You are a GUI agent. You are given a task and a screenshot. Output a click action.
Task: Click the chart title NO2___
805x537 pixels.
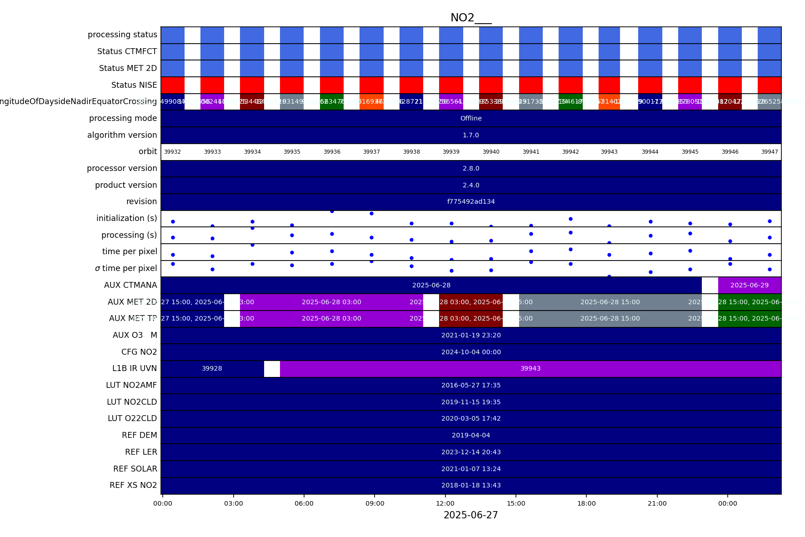coord(470,18)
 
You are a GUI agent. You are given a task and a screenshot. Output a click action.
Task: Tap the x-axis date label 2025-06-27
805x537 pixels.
coord(470,515)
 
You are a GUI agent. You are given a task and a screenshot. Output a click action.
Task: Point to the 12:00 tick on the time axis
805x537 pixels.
coord(445,503)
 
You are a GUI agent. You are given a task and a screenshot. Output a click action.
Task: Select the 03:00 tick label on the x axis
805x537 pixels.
coord(233,503)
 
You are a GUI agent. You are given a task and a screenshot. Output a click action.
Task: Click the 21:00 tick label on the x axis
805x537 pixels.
coord(657,503)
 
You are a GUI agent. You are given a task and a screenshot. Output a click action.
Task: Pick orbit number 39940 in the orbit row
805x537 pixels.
coord(491,152)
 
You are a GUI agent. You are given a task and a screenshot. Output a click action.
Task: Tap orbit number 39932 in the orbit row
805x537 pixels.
coord(172,152)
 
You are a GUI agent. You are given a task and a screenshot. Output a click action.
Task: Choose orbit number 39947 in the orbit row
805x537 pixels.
coord(770,152)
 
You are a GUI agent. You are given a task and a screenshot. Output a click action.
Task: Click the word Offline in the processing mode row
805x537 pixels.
coord(471,118)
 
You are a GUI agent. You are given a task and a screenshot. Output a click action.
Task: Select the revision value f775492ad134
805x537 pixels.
coord(471,202)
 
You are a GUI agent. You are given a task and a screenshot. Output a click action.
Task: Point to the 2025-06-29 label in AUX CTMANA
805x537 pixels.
coord(750,286)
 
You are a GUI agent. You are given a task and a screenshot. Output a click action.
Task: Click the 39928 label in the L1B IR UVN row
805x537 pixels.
coord(212,369)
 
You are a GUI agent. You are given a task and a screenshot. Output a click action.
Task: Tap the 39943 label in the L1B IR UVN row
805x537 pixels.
coord(530,369)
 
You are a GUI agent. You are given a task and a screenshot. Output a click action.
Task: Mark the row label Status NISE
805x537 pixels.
coord(134,85)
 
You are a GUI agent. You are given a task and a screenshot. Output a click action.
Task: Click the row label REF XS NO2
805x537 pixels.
coord(133,485)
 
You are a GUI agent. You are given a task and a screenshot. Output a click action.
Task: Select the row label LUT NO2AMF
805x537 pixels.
coord(131,385)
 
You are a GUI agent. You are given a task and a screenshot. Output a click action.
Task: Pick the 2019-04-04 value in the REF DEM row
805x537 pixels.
coord(471,436)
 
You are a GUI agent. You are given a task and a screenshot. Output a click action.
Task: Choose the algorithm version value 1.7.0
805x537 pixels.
coord(471,135)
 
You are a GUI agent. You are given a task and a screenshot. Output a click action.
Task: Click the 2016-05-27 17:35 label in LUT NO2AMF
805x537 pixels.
coord(471,386)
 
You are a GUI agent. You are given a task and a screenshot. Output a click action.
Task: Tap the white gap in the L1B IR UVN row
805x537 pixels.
coord(272,369)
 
